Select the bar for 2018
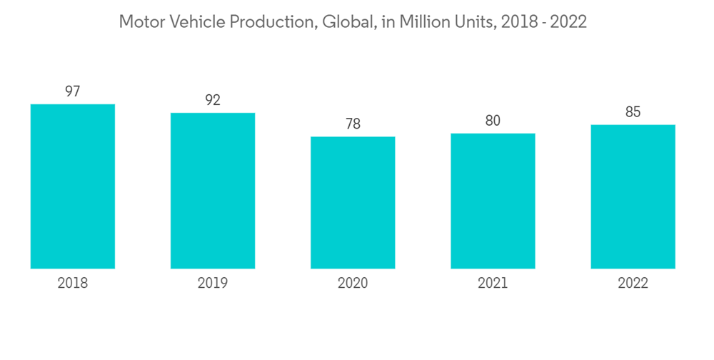tap(73, 186)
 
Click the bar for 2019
tap(213, 191)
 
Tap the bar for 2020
tap(353, 203)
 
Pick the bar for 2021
tap(493, 201)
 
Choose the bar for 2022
tap(633, 196)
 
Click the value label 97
tap(73, 91)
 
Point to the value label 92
tap(213, 100)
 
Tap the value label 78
tap(353, 124)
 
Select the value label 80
tap(493, 121)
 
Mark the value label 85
tap(633, 112)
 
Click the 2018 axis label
tap(73, 284)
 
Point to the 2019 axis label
tap(213, 284)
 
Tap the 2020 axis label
tap(353, 284)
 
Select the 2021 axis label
tap(493, 284)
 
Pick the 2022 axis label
tap(633, 284)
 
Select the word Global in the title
tap(343, 22)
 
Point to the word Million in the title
tap(423, 22)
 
